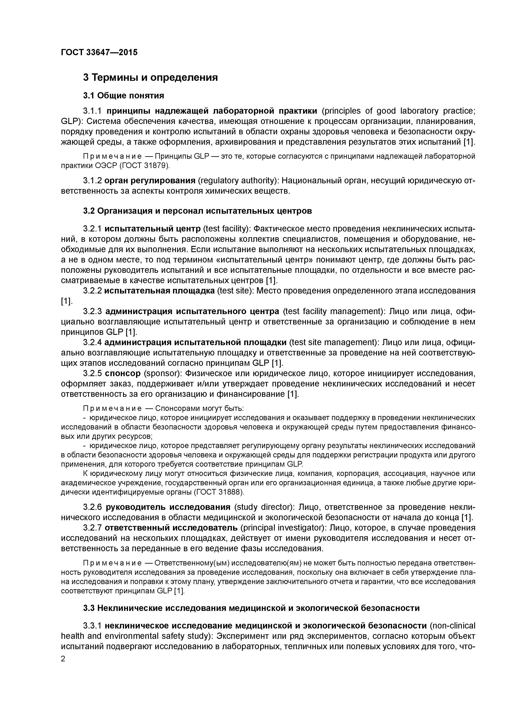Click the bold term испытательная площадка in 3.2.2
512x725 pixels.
click(160, 291)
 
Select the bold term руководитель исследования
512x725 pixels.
click(168, 507)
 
